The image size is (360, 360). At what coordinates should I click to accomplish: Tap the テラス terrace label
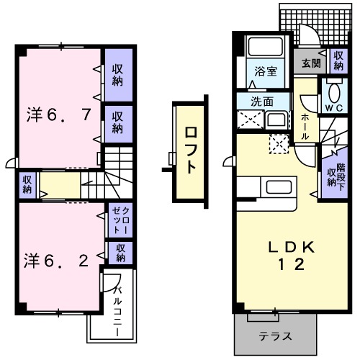point(276,336)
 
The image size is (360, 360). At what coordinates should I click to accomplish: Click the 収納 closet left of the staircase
point(27,184)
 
